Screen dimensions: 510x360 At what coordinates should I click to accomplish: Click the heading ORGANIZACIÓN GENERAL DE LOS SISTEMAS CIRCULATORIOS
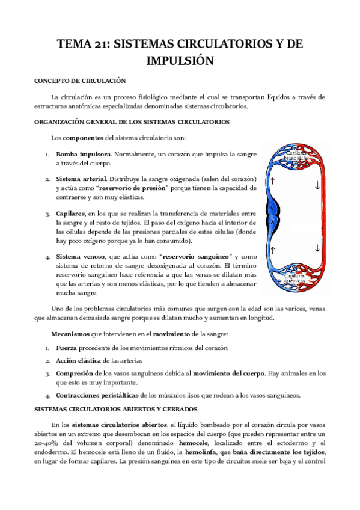pyautogui.click(x=132, y=122)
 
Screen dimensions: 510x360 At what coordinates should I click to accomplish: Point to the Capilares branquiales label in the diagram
pyautogui.click(x=297, y=155)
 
